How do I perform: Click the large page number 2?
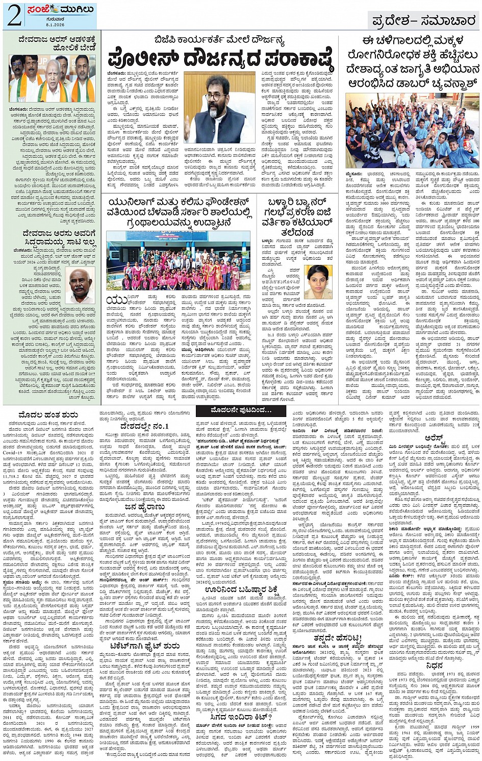click(x=14, y=15)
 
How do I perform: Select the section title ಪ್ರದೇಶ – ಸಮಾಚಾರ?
click(x=423, y=21)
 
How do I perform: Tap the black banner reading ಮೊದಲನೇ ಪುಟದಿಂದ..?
click(x=242, y=410)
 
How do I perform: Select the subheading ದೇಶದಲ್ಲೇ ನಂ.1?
click(x=144, y=426)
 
